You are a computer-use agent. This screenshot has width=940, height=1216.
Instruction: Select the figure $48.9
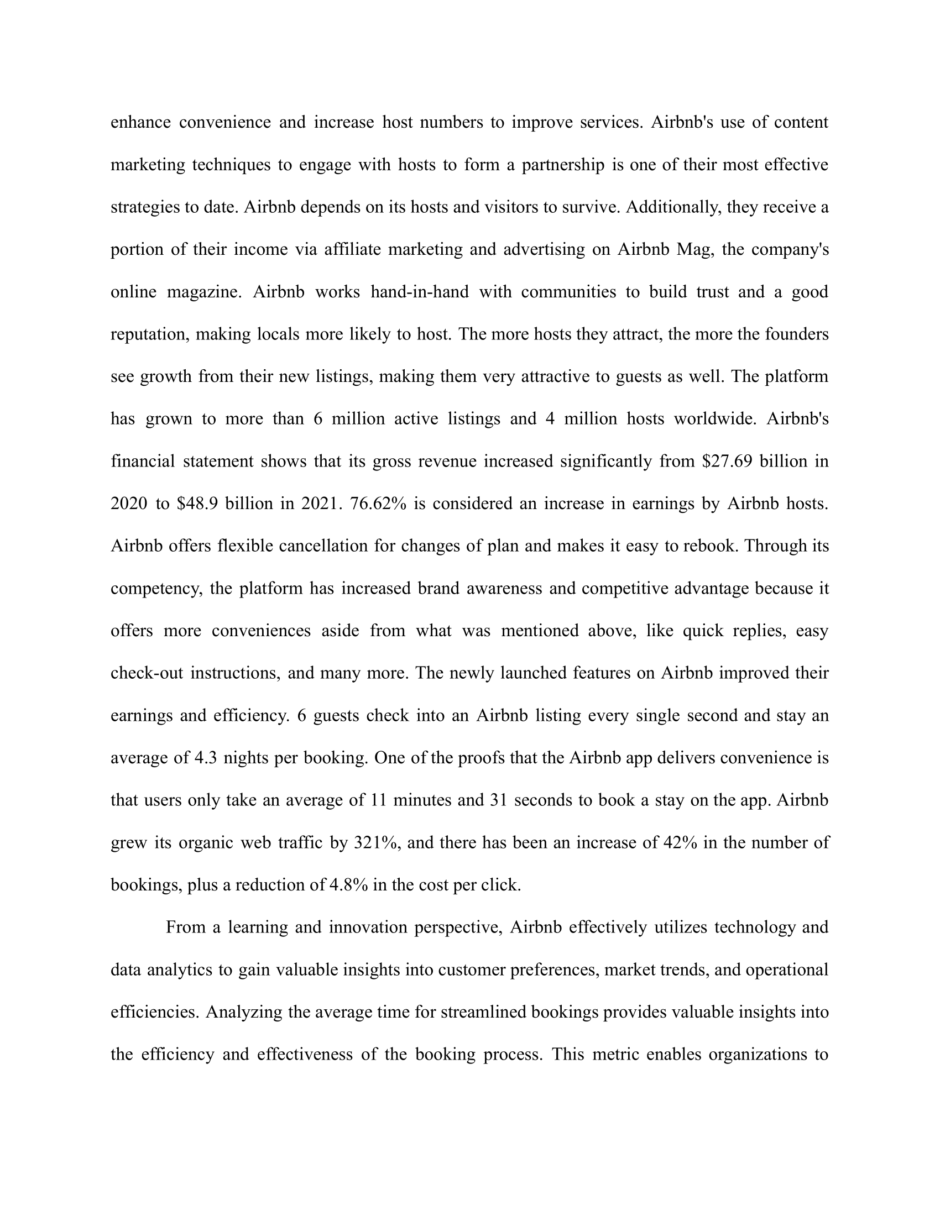tap(197, 504)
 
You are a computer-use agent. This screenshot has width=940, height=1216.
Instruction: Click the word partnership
tap(563, 165)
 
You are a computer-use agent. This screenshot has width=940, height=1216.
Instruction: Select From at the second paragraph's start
tap(185, 927)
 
